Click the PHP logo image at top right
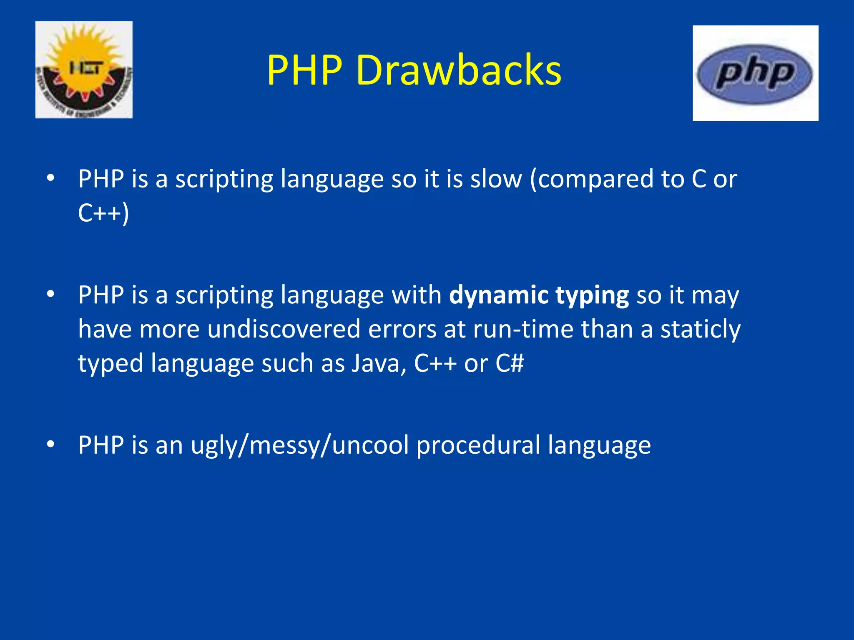point(755,73)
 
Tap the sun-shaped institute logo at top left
point(84,70)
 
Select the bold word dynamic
point(499,296)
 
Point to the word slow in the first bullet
point(496,179)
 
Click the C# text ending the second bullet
point(509,363)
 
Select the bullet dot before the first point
point(50,178)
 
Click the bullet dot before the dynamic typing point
point(50,295)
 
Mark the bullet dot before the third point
point(50,445)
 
